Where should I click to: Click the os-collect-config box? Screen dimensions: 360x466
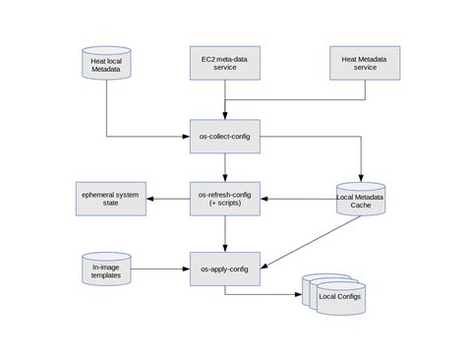pos(225,136)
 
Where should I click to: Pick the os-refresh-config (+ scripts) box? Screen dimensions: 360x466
pos(225,199)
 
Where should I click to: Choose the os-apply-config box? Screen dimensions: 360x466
pos(225,268)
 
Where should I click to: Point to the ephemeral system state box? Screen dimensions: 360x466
pos(112,199)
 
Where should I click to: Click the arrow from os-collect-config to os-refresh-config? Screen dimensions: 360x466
pos(225,167)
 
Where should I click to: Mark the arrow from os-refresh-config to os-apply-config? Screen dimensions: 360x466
pos(225,233)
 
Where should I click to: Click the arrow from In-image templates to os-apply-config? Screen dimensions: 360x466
pos(162,268)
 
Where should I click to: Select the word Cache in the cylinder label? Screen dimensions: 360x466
pos(361,208)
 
